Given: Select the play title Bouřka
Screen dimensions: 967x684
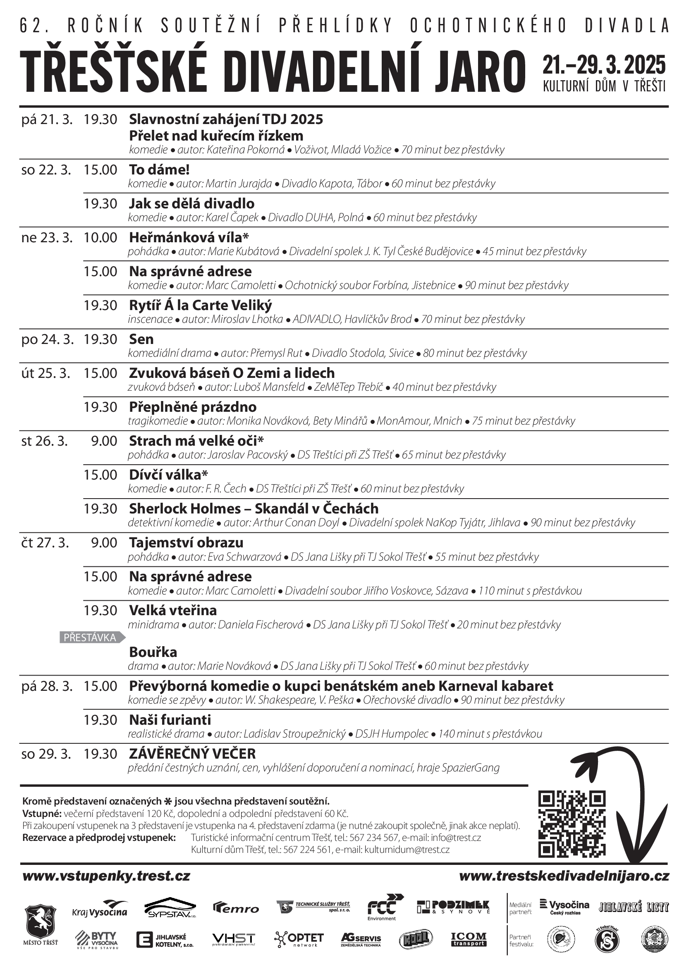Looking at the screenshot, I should coord(153,652).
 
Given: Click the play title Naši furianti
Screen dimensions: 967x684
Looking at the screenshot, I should coord(170,720).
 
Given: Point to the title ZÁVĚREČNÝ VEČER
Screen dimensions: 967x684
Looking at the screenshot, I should coord(192,754).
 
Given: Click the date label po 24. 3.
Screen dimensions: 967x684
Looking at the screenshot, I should coord(45,339).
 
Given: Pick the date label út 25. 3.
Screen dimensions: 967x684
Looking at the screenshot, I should coord(46,373).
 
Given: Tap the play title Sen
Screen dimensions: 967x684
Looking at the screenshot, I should coord(141,339).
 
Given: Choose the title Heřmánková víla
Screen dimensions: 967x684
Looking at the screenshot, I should coord(189,238).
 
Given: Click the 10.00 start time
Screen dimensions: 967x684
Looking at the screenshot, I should coord(100,238).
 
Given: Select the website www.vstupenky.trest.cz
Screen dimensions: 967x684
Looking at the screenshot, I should coord(106,876).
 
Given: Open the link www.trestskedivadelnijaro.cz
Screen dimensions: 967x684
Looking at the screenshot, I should coord(564,876).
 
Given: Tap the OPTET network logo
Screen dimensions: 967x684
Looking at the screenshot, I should coord(299,939).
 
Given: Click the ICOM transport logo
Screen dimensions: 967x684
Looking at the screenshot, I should coord(469,939).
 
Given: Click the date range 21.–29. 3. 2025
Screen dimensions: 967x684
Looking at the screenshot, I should coord(604,65).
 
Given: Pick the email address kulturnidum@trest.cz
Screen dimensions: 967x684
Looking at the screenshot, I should coord(407,850).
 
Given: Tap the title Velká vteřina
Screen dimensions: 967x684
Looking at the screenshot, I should coord(173,610).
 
